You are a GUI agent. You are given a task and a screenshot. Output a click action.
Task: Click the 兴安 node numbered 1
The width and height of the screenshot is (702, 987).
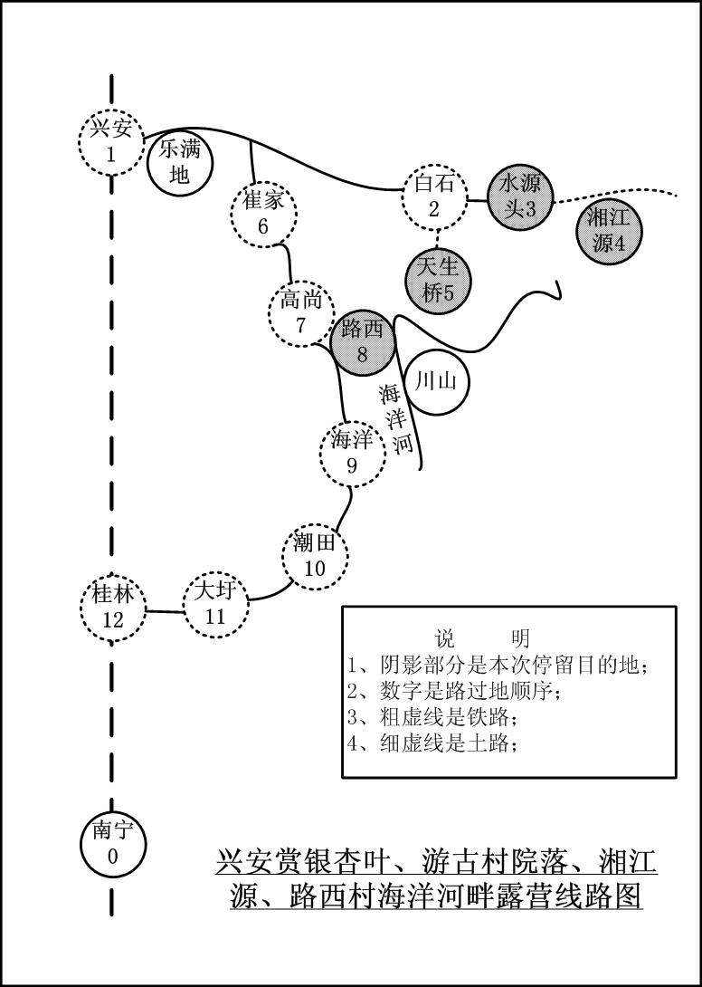[111, 141]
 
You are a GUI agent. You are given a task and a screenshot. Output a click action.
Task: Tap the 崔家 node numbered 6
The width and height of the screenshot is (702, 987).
[263, 214]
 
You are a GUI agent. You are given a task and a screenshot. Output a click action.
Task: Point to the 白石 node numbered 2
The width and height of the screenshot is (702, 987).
[434, 196]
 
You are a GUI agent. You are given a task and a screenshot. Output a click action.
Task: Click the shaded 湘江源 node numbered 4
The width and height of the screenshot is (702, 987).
[609, 231]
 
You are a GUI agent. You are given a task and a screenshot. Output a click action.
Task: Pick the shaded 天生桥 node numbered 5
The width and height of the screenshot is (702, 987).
[438, 280]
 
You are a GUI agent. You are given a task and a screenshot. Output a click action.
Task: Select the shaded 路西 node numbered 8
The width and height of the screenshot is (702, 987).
[363, 341]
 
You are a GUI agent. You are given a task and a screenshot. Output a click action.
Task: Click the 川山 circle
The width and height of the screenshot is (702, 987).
[436, 382]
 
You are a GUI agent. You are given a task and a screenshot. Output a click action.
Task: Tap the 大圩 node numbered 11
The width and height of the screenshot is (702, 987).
[215, 604]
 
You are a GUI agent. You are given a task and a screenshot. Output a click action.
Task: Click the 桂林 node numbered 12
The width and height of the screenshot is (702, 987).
[112, 608]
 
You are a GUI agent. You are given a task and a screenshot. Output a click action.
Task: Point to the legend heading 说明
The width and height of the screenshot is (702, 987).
[481, 637]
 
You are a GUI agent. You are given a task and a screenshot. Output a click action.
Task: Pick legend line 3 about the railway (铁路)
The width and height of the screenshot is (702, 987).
[434, 718]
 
